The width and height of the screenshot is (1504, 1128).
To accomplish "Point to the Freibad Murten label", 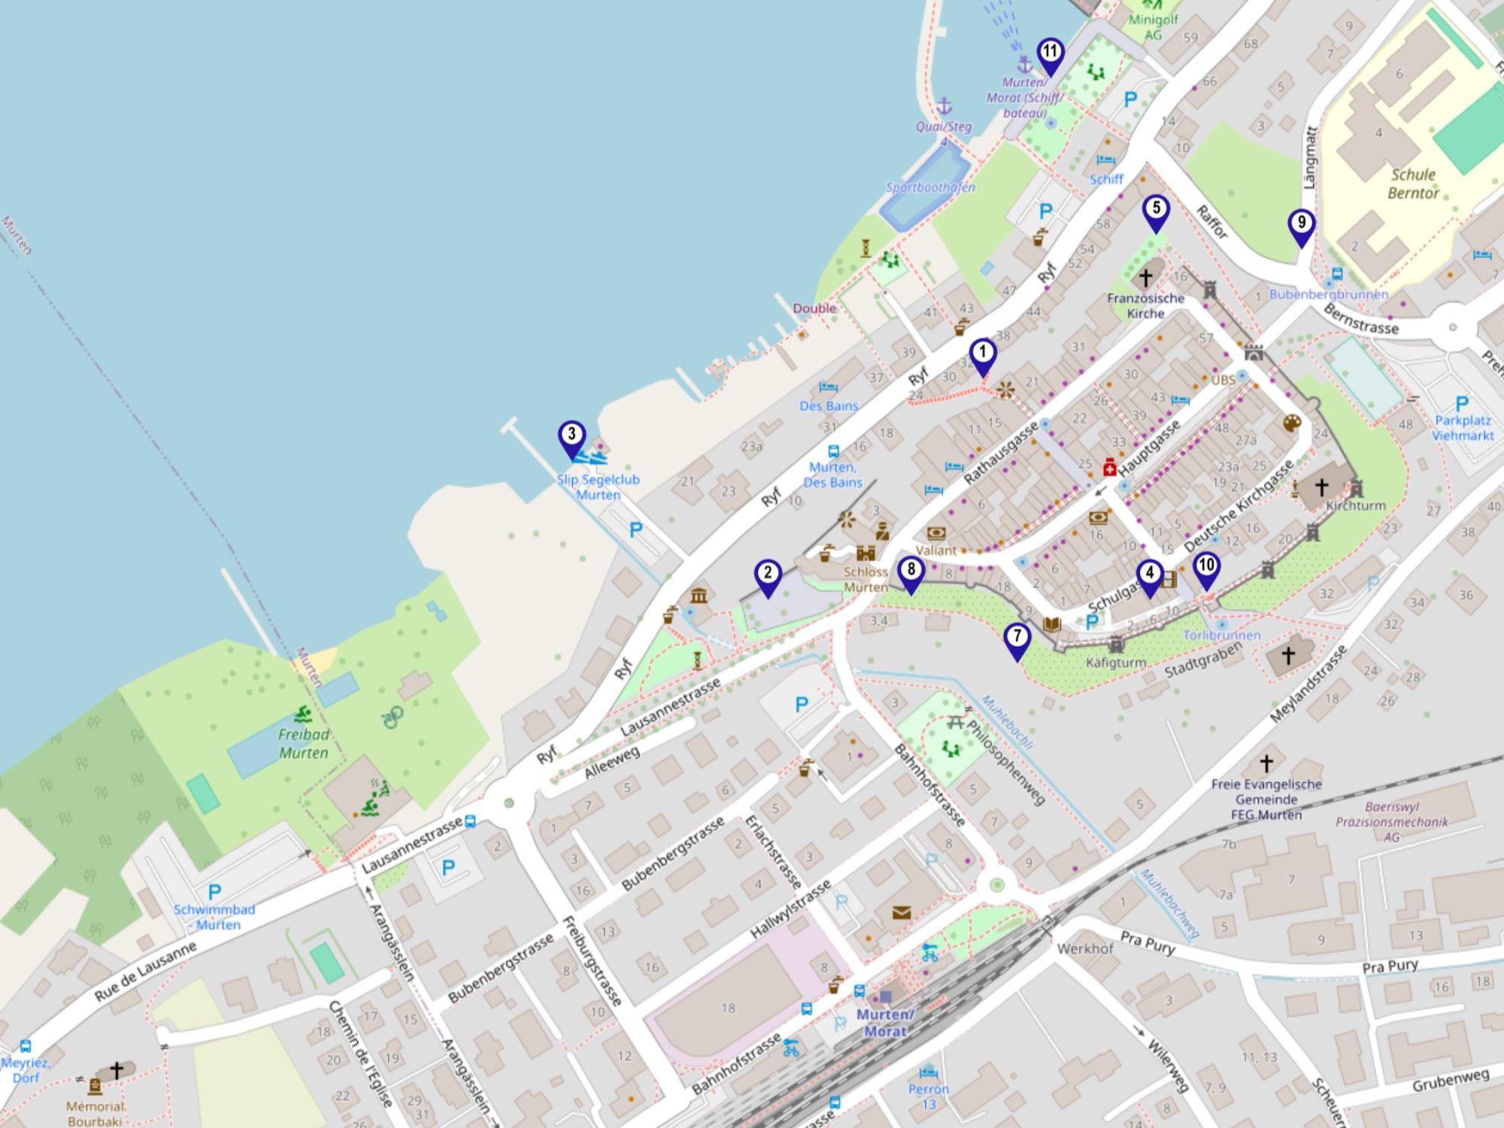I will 304,744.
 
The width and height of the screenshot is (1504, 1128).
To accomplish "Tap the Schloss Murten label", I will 866,579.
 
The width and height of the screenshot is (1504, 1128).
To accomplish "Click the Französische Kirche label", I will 1145,305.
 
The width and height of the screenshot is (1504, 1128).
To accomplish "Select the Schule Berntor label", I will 1413,183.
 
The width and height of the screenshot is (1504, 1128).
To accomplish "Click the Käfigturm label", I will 1116,663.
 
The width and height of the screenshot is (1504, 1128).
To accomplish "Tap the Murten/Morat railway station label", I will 885,1023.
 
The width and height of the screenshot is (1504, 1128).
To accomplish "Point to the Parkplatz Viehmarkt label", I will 1462,428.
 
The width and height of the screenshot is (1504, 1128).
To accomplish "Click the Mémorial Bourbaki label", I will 95,1114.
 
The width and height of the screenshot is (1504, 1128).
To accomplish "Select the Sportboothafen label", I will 930,187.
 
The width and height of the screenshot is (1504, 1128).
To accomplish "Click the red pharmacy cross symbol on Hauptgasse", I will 1109,468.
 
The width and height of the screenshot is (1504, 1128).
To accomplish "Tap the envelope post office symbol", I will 902,913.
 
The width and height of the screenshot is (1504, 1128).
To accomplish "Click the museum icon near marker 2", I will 699,596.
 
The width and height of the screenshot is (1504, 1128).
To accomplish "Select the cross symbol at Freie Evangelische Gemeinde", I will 1266,763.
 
